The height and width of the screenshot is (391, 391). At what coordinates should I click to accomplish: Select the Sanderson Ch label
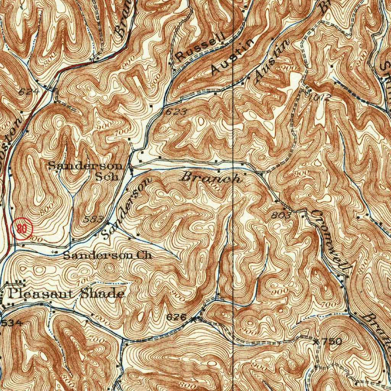coord(107,255)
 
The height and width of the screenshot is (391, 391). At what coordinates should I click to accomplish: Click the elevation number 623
coord(177,112)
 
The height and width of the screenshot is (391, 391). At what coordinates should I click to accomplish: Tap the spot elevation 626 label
coord(176,317)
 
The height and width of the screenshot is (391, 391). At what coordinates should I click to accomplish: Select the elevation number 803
coord(282,215)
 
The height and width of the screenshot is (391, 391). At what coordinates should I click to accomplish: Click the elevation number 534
coord(12,323)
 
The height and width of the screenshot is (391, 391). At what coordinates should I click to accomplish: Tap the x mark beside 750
coord(316,342)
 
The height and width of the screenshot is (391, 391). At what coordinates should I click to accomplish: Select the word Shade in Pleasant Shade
coord(102,294)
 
